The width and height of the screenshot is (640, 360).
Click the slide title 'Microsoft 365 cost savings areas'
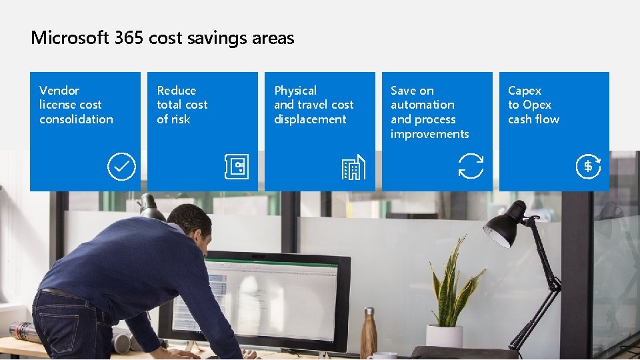162,38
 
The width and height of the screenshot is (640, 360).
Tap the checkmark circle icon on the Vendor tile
121,167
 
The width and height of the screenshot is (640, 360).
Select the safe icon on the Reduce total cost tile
236,167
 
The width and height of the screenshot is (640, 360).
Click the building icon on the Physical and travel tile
353,167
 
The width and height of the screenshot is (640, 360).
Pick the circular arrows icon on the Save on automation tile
471,166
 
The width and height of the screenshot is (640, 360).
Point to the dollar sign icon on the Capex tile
588,167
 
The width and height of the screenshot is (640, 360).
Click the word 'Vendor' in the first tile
59,91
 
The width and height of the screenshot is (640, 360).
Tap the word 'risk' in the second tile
181,119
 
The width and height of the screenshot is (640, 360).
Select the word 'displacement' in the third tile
310,119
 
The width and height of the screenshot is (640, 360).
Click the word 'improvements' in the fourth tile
429,134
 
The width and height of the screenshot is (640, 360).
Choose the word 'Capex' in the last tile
525,91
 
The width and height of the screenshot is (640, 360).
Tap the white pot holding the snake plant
445,337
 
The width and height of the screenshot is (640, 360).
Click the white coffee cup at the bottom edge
384,356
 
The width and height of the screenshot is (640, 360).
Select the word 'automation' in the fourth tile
422,105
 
